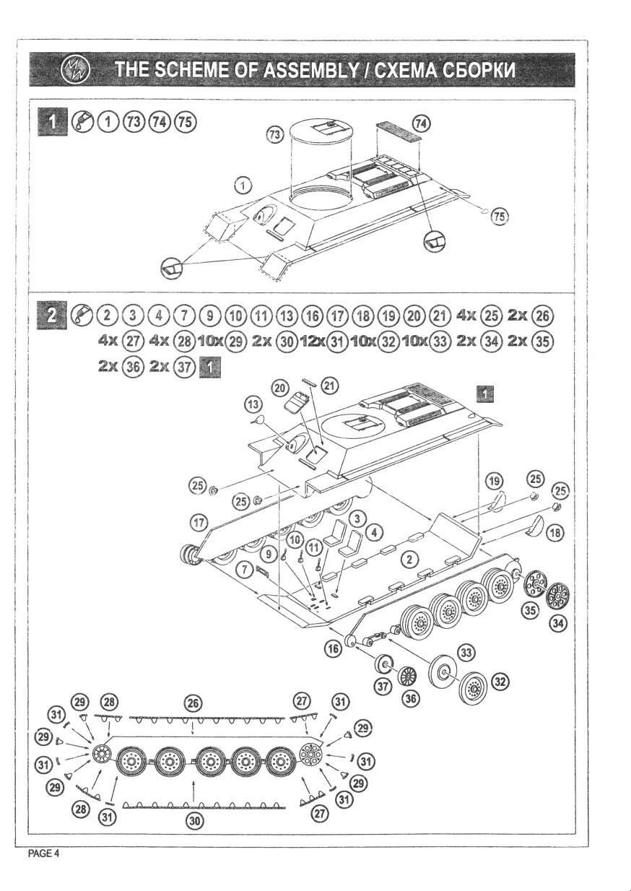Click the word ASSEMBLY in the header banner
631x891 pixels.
coord(311,70)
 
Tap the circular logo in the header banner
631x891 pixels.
coord(75,70)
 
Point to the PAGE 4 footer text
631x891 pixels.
coord(44,853)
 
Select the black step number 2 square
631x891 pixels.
coord(52,316)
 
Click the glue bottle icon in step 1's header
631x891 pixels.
coord(82,121)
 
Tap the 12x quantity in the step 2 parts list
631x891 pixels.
coord(313,341)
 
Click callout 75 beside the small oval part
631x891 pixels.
coord(500,217)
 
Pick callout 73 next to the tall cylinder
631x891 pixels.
coord(275,134)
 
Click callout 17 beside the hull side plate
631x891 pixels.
coord(199,523)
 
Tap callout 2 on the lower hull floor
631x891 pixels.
coord(409,560)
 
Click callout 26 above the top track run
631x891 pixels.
coord(193,703)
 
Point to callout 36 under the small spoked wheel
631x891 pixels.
coord(411,698)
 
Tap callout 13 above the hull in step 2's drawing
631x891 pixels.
coord(253,404)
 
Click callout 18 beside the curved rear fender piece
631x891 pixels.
coord(555,532)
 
